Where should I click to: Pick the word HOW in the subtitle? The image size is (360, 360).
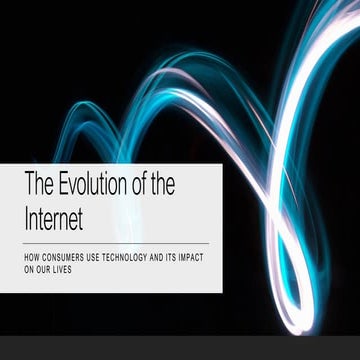(32, 259)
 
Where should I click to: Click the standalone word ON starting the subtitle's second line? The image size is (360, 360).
(29, 269)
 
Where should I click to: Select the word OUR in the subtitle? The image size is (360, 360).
(44, 269)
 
